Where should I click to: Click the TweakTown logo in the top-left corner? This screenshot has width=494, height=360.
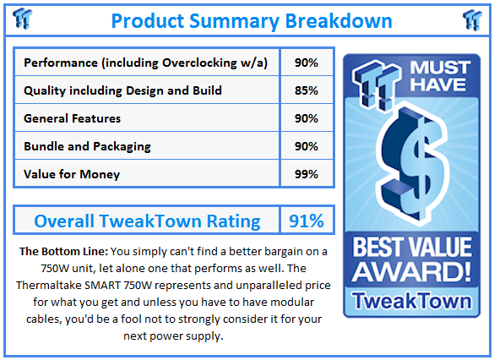22,19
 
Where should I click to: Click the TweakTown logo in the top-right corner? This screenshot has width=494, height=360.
472,20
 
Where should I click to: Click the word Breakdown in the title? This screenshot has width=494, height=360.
339,21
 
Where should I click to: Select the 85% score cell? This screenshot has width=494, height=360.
307,90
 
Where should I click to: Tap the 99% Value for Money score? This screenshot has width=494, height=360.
307,174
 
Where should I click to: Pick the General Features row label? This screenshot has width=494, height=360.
72,118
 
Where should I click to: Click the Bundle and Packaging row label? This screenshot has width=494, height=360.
87,146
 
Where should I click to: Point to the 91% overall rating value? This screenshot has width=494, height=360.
307,221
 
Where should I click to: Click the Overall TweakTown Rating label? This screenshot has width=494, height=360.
147,221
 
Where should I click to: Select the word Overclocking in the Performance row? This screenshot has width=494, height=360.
199,63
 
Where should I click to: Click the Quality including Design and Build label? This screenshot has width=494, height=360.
122,90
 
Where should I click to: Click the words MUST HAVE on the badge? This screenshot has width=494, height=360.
440,76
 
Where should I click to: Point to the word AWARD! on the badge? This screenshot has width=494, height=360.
411,272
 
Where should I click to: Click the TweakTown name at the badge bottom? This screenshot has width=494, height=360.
412,300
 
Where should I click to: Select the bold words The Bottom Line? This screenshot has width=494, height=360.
63,252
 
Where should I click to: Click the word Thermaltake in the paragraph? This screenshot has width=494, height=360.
48,286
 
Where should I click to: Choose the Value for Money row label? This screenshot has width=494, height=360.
72,174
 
